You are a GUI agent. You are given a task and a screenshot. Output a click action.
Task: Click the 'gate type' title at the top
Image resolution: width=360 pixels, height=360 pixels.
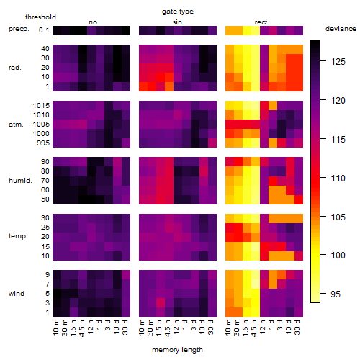(178, 12)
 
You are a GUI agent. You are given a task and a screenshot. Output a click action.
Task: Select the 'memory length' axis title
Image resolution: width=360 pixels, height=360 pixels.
(177, 350)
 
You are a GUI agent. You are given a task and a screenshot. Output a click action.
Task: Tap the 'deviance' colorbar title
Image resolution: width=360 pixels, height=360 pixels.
(341, 29)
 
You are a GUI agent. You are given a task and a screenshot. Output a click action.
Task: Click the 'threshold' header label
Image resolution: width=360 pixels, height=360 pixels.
(40, 17)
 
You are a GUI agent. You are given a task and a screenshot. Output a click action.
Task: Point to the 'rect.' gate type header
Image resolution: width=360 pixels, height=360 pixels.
(262, 22)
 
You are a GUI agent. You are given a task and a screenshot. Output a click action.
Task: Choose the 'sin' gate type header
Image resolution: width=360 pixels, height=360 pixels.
(177, 22)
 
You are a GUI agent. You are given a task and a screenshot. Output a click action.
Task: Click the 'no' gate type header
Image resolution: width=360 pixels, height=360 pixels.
(93, 22)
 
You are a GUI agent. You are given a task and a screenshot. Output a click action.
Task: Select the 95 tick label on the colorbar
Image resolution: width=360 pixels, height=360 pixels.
(336, 294)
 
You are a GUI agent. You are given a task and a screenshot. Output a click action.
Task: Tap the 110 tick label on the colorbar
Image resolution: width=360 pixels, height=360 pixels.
(338, 179)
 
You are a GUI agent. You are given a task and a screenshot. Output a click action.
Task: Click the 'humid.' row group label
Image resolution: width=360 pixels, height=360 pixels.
(20, 181)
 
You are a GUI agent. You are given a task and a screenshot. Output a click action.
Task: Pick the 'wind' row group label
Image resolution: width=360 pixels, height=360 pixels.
(17, 294)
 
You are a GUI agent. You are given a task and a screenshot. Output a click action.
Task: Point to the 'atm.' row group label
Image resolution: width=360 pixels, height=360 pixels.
(16, 125)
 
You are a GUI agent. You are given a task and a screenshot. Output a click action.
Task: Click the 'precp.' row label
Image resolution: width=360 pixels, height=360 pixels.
(19, 29)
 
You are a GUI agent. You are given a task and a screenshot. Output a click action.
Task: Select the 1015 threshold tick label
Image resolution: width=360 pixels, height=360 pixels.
(41, 106)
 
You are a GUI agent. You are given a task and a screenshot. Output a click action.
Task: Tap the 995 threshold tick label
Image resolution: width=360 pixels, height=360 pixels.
(43, 143)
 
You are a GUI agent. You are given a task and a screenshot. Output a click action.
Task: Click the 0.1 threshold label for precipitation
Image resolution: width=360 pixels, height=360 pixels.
(44, 30)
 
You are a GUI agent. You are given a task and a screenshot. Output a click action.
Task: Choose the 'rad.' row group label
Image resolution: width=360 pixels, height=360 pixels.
(15, 68)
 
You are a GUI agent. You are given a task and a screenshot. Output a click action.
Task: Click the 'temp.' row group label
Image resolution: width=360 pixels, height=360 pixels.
(18, 236)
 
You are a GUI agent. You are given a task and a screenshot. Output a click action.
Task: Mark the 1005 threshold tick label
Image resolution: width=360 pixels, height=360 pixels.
(41, 125)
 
